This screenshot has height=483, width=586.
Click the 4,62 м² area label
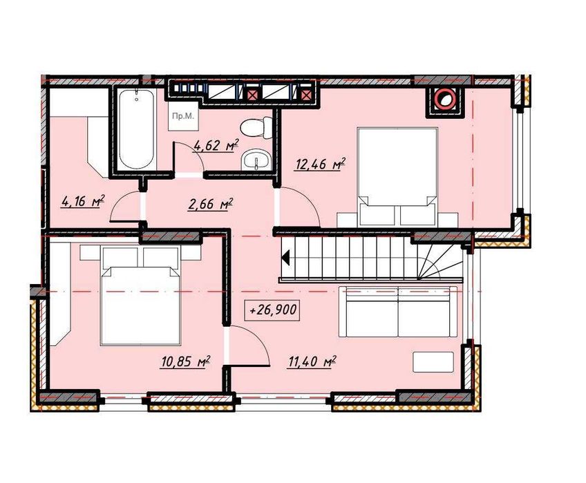pos(216,145)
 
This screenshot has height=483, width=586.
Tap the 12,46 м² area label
pos(321,164)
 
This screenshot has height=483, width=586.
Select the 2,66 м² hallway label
pos(211,204)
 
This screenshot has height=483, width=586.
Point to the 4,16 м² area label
pos(83,202)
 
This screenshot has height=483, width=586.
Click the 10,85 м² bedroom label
pos(185,361)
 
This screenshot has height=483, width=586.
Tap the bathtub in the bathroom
pos(136,129)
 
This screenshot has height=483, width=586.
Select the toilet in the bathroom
pos(256,127)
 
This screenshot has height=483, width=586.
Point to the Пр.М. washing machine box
pos(183,116)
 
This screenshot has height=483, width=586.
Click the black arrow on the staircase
pos(286,258)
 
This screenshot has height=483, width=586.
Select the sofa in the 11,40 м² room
pos(398,312)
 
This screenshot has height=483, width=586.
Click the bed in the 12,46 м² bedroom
pos(397,177)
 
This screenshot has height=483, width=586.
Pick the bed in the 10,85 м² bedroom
pos(140,294)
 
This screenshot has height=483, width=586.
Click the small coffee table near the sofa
pos(433,361)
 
